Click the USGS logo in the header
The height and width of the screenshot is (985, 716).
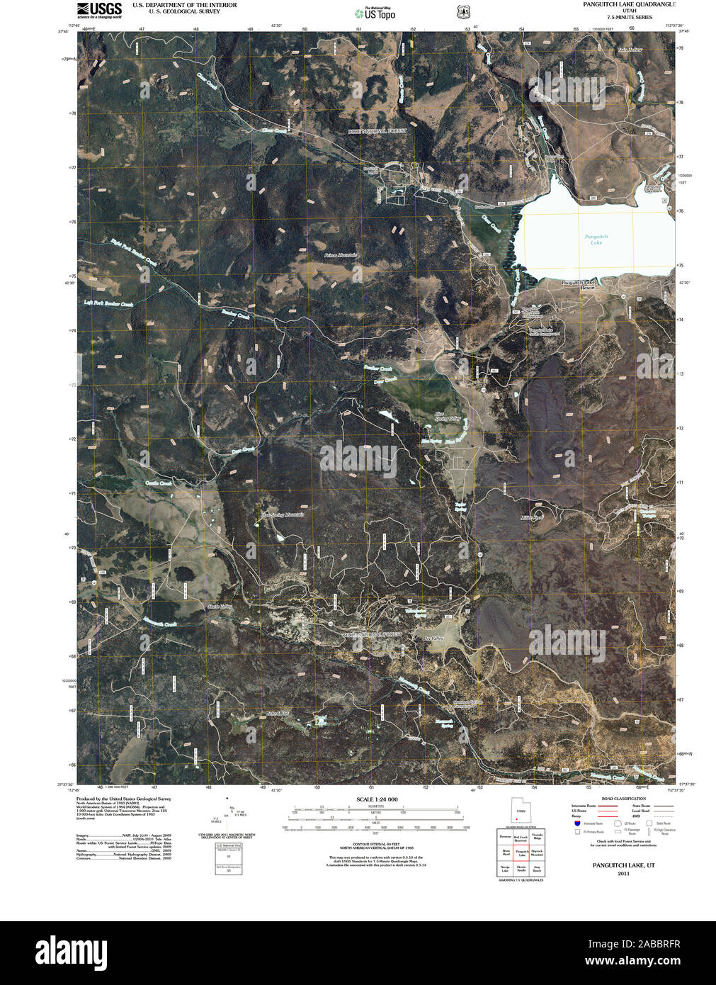pos(100,9)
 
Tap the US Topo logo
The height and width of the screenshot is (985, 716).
pos(375,13)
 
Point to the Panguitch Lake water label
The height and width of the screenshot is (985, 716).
pos(596,240)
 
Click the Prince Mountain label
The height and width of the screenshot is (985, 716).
pos(341,255)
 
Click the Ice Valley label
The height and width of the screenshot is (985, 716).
pos(433,639)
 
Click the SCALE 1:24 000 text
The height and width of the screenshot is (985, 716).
pos(377,799)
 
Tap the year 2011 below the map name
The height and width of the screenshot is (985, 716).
pos(623,874)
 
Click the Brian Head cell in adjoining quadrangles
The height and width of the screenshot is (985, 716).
pos(506,852)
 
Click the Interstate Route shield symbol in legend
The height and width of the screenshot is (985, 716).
pos(577,824)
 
